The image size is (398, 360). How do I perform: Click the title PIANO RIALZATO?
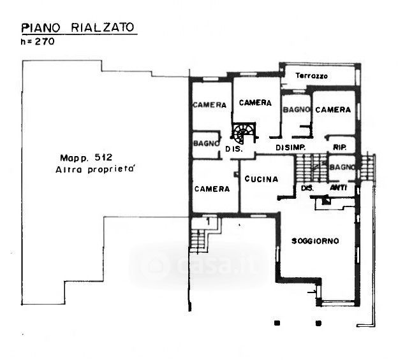(x=78, y=27)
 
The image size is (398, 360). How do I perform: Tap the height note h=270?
(x=38, y=41)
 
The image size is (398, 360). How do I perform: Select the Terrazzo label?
(x=311, y=76)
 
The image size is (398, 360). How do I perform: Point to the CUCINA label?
(x=262, y=179)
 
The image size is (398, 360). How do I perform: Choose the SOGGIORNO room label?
(x=315, y=241)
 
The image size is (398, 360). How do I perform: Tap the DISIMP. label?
(x=290, y=148)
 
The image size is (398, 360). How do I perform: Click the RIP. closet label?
(x=339, y=147)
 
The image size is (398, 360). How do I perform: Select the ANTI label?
(x=338, y=188)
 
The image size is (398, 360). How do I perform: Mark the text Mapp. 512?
(x=86, y=158)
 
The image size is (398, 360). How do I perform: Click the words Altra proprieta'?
(x=94, y=169)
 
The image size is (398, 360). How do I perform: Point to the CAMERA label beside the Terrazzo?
(x=333, y=110)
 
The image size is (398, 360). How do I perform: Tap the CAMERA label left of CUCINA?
(x=212, y=189)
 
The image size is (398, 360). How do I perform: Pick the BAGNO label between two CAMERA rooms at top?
(x=296, y=110)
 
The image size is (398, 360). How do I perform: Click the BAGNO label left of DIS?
(x=206, y=143)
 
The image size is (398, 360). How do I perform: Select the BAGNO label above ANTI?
(x=342, y=167)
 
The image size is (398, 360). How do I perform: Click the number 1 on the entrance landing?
(x=209, y=222)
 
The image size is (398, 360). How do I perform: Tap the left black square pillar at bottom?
(x=277, y=323)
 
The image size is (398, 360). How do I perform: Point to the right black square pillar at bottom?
(x=318, y=323)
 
